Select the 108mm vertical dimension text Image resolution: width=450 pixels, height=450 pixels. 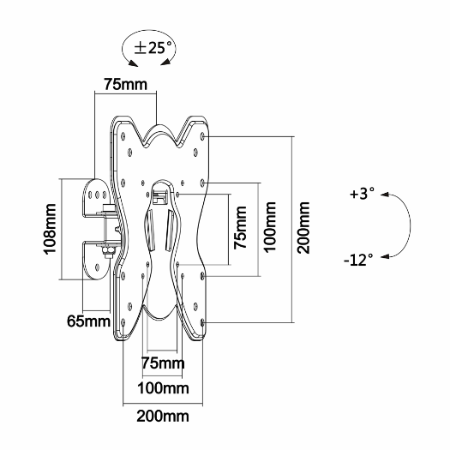(51, 229)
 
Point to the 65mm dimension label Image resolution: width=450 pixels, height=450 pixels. (87, 322)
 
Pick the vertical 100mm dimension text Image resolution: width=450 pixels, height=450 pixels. (271, 229)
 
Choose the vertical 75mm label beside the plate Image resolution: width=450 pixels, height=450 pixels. (243, 227)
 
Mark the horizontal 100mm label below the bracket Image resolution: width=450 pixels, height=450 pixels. (164, 388)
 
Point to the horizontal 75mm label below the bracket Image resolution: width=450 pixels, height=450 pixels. (163, 363)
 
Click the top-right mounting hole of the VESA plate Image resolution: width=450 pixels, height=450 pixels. (202, 135)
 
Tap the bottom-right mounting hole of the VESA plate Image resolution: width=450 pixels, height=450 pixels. (204, 321)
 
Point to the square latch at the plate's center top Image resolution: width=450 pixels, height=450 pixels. (162, 195)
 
